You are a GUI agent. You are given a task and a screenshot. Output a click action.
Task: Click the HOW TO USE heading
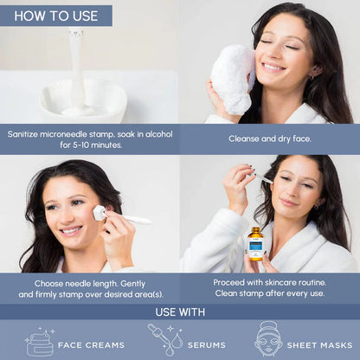click(x=56, y=16)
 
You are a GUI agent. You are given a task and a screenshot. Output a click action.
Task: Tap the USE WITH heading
click(x=180, y=312)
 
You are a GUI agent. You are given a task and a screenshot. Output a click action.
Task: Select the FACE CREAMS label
click(x=91, y=345)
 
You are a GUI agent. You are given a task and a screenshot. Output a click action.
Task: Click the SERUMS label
click(x=207, y=345)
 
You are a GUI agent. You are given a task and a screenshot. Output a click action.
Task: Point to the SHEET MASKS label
click(x=319, y=345)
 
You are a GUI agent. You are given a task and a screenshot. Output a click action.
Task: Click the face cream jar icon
click(x=40, y=343)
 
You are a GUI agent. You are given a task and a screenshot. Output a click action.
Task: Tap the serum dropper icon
click(x=165, y=339)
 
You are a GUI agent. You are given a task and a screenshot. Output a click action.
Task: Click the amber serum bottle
click(x=255, y=244)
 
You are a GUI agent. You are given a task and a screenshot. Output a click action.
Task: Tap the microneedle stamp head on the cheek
click(x=100, y=213)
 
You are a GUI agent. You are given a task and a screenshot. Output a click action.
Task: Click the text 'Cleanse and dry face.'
click(x=270, y=138)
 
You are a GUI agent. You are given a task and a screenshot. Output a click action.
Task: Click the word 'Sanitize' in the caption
click(x=22, y=134)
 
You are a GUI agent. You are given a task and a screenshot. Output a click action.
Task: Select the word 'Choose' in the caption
click(x=48, y=284)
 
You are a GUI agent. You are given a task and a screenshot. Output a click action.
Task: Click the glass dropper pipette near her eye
click(x=265, y=179)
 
